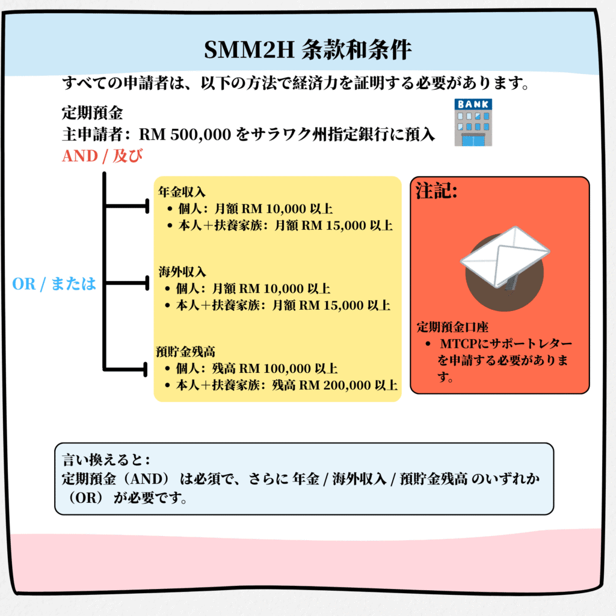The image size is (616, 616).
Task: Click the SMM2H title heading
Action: [x=307, y=50]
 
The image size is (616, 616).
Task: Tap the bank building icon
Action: [x=473, y=123]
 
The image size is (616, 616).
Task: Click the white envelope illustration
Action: [x=505, y=257]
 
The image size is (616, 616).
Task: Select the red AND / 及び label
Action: [x=102, y=156]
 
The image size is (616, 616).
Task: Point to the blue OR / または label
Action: [x=54, y=284]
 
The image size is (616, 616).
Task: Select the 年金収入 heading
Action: [x=182, y=192]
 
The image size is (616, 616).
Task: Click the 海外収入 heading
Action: [x=182, y=271]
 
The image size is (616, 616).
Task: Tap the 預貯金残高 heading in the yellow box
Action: [x=185, y=351]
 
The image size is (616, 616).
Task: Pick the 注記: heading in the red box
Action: [x=437, y=191]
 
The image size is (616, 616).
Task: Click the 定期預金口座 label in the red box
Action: [x=452, y=327]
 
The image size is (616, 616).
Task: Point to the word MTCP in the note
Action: [x=458, y=343]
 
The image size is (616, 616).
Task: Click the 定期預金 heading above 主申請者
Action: [x=92, y=113]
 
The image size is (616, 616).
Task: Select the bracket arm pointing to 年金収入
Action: [x=126, y=206]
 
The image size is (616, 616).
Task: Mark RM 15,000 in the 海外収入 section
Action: [x=329, y=305]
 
